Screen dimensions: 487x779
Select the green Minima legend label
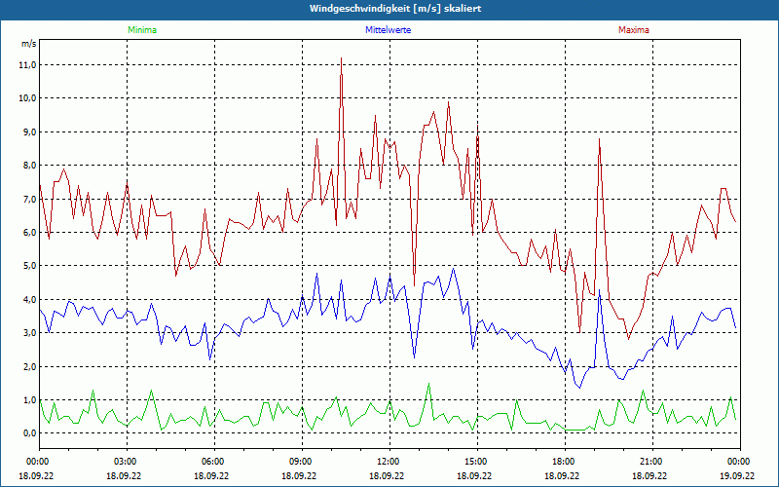(141, 30)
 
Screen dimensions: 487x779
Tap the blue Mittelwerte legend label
(387, 30)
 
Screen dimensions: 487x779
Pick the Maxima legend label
(633, 30)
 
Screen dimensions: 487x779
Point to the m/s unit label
(28, 45)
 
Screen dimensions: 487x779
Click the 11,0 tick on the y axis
(26, 64)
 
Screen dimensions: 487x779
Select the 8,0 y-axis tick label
(28, 166)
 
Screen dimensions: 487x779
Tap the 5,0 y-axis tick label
(28, 266)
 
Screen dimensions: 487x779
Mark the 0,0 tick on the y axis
(28, 433)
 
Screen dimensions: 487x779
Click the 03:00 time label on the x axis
(126, 462)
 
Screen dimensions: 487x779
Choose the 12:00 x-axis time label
(388, 462)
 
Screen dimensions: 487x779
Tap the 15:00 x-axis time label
(475, 462)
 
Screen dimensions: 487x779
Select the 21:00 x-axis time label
(650, 462)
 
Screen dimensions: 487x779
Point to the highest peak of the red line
(341, 58)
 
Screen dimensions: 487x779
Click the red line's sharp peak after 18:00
(600, 139)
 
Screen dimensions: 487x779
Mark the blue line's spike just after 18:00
(600, 289)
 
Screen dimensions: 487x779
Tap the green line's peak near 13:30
(428, 384)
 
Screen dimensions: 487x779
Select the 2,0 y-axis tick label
(28, 366)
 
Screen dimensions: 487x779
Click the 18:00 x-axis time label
(563, 462)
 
